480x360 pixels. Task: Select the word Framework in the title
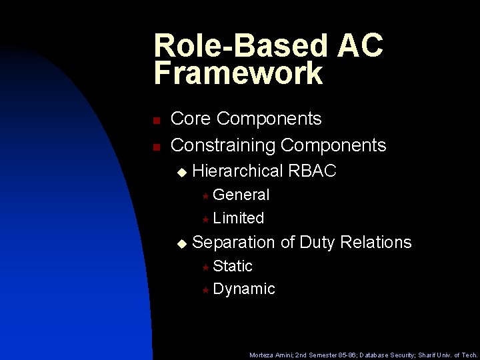pos(238,73)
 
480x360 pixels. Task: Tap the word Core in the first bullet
pos(191,119)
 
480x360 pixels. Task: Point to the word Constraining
pos(223,145)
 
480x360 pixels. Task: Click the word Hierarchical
pos(238,171)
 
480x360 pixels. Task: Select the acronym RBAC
pos(313,171)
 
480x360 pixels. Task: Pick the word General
pos(241,195)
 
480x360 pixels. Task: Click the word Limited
pos(239,218)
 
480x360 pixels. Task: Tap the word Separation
pos(233,242)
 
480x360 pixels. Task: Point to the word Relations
pos(376,242)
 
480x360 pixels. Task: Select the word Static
pos(233,266)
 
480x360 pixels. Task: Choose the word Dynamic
pos(244,289)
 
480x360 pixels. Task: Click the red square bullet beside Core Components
pos(155,121)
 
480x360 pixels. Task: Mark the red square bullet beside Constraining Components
pos(155,146)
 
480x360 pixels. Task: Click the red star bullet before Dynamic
pos(206,290)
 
